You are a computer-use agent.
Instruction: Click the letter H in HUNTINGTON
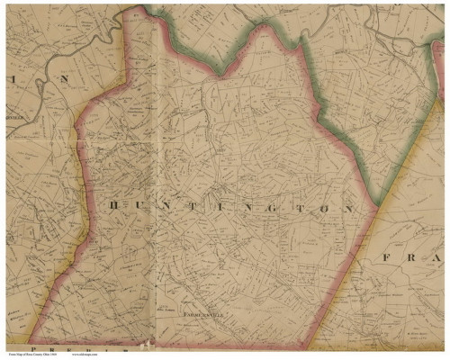coord(113,206)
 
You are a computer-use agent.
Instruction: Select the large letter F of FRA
coord(386,257)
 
